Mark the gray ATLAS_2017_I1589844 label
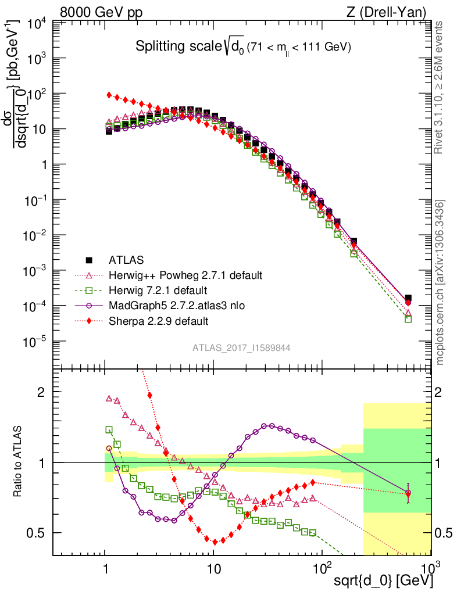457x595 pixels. click(x=241, y=348)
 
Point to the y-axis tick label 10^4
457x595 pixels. click(x=36, y=23)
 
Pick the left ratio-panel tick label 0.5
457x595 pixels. click(x=37, y=533)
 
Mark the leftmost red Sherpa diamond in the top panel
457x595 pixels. click(x=109, y=95)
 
